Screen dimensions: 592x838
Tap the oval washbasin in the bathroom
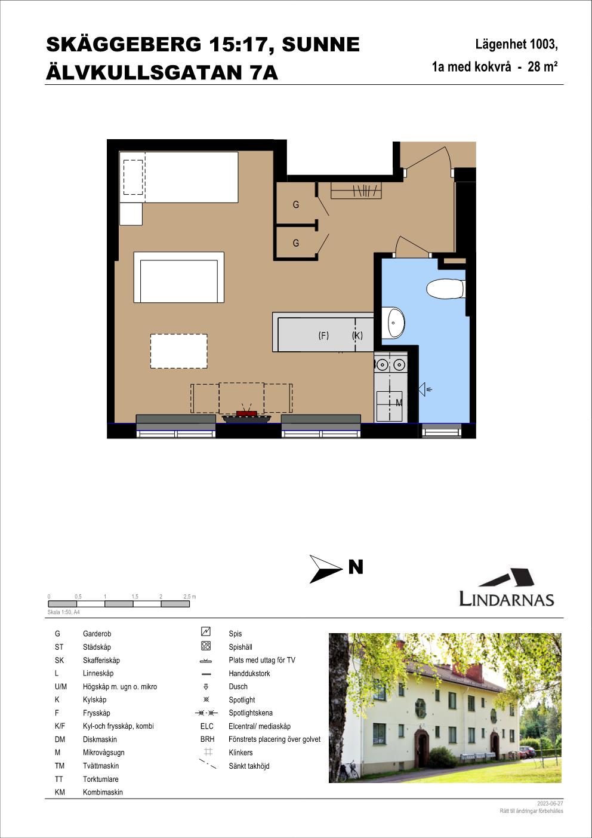[x=396, y=323]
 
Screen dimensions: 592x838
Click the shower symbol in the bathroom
[x=425, y=389]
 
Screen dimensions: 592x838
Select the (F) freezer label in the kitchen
[x=323, y=336]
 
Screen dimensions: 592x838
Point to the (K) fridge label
[x=357, y=336]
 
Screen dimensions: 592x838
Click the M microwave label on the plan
[x=399, y=403]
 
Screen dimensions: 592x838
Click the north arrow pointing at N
[x=325, y=569]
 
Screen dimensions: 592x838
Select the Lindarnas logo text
[x=506, y=599]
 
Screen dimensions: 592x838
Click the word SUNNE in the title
[x=320, y=45]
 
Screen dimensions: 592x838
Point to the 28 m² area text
[x=542, y=66]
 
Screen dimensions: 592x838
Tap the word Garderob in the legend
[x=97, y=634]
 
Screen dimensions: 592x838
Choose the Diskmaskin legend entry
[x=100, y=739]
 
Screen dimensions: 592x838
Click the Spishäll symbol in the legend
[x=206, y=646]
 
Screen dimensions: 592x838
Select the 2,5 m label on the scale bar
[x=190, y=597]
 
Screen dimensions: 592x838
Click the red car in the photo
[x=528, y=751]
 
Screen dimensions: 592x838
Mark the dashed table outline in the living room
[x=178, y=351]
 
